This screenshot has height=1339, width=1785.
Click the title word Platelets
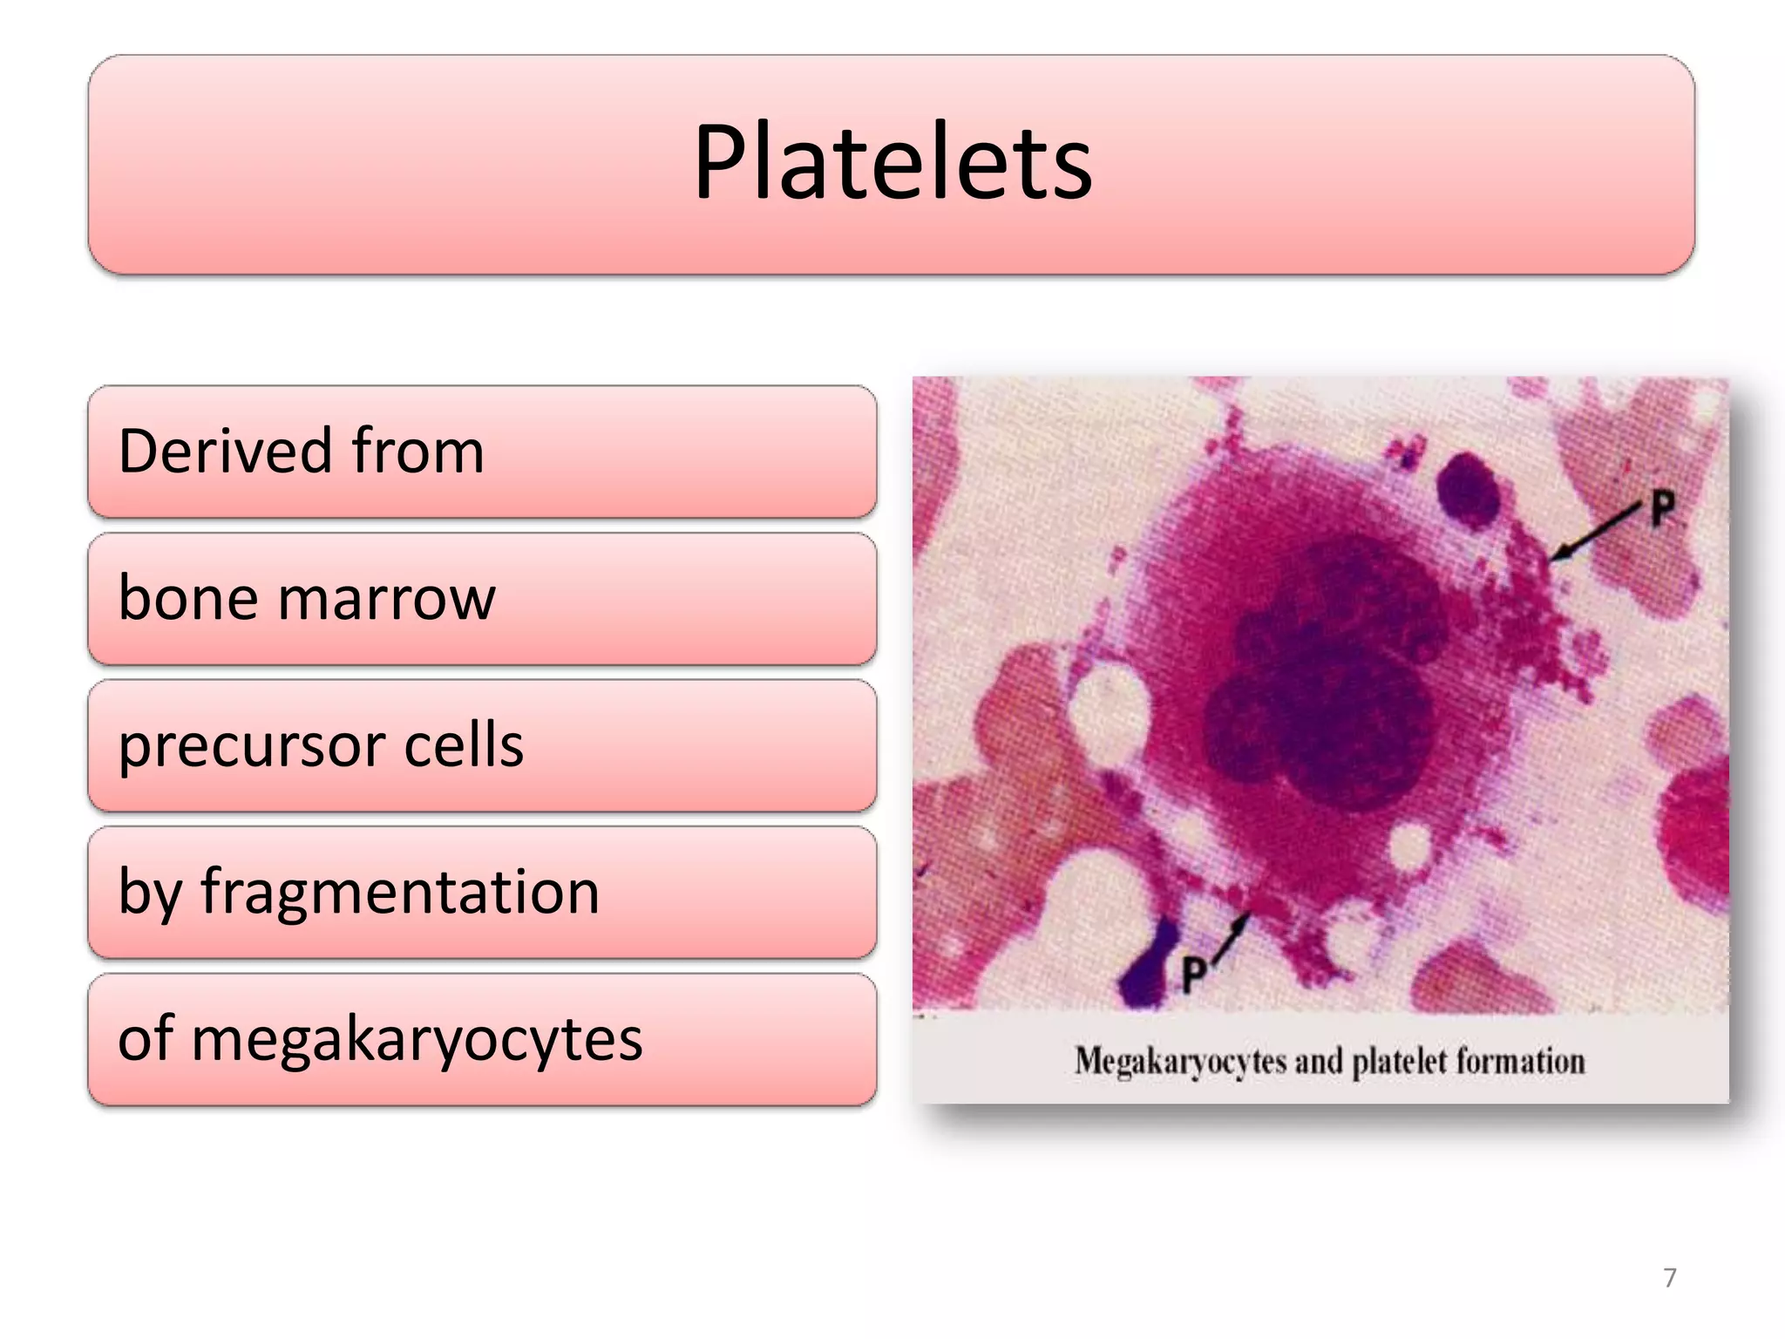[x=892, y=163]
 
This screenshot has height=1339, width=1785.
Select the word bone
[x=188, y=599]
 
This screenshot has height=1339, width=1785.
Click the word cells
[x=463, y=746]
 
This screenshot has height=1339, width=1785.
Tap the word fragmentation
[x=400, y=893]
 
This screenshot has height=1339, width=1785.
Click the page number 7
[x=1669, y=1278]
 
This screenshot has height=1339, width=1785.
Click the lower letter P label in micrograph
[x=1193, y=973]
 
